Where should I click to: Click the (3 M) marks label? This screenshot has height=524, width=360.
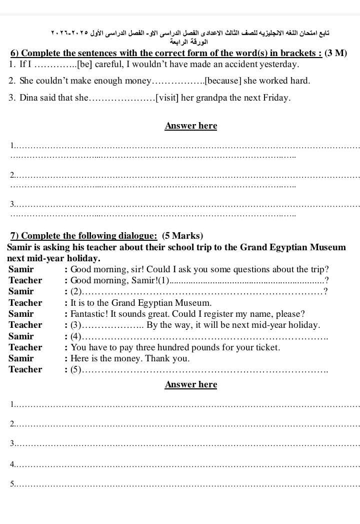336,54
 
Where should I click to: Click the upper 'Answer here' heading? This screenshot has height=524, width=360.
190,126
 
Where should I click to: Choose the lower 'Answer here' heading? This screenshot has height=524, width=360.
190,384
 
